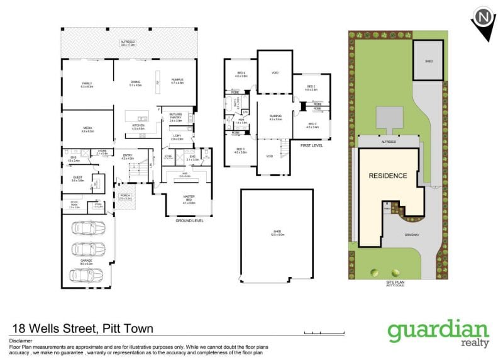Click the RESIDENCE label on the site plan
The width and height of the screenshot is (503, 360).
(387, 176)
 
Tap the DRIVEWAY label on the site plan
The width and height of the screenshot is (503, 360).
(412, 236)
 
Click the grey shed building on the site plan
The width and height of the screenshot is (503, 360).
(428, 61)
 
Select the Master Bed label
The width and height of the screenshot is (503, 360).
(189, 201)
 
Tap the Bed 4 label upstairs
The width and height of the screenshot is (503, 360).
(241, 74)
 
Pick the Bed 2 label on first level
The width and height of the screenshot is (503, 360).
(311, 87)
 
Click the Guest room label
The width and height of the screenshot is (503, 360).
(77, 178)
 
